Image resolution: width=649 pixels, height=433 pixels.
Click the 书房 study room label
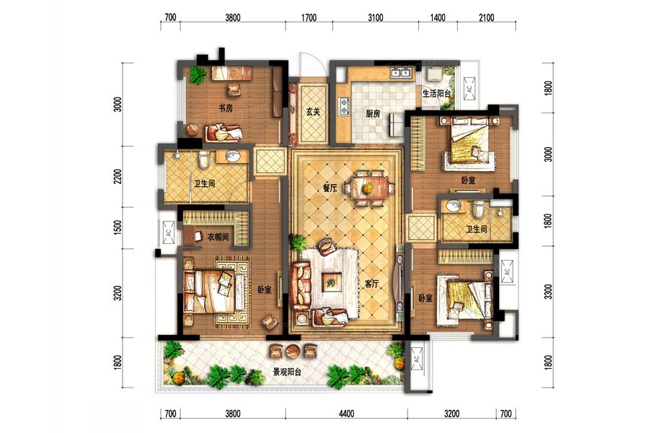(x=226, y=108)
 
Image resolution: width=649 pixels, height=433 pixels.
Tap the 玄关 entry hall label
(x=314, y=112)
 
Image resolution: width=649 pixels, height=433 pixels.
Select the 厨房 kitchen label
(x=373, y=113)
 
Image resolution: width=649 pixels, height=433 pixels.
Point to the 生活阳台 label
(x=436, y=94)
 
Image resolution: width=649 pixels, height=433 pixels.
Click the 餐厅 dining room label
(x=330, y=188)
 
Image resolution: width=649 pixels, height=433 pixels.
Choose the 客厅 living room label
(x=371, y=284)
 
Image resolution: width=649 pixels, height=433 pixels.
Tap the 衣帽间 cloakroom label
(x=218, y=237)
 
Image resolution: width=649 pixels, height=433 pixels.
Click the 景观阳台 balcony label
(x=287, y=372)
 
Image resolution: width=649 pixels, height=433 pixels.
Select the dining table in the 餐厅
(x=367, y=188)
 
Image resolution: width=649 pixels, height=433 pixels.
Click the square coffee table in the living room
(x=332, y=283)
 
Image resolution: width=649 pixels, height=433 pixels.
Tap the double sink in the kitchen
(x=399, y=73)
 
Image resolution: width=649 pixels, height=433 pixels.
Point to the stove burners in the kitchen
(x=344, y=105)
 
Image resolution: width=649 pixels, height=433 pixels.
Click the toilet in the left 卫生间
(x=204, y=159)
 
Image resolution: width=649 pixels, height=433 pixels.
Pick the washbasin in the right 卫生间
(x=454, y=206)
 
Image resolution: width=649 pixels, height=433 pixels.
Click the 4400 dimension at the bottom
(x=346, y=414)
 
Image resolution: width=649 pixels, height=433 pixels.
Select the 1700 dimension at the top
(x=309, y=18)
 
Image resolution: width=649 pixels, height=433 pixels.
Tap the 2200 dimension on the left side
(x=118, y=177)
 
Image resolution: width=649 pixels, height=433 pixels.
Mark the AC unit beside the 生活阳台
(x=469, y=88)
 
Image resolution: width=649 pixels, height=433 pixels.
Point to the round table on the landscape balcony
(x=293, y=351)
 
